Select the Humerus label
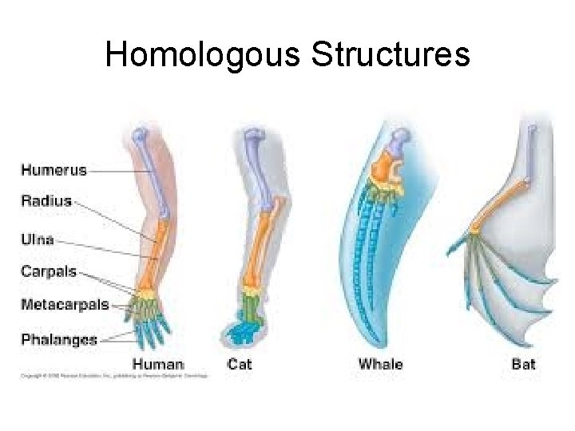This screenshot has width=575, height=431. tap(54, 169)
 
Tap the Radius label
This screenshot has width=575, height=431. tap(46, 201)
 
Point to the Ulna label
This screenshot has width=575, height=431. tap(38, 239)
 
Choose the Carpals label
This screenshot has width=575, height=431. tap(49, 271)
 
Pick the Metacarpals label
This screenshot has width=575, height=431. tap(65, 304)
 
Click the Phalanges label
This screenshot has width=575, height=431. tap(59, 339)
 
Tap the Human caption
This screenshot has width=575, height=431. tap(158, 365)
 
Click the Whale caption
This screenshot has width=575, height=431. tap(380, 365)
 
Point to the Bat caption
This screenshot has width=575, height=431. tap(523, 365)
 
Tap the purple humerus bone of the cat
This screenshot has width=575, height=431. tap(256, 160)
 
